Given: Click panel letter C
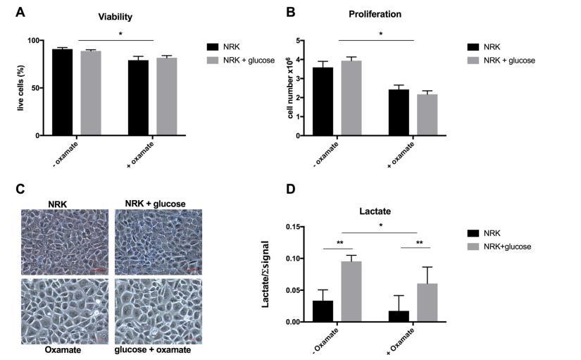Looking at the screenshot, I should pos(20,188).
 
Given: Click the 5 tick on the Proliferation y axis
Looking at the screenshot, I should pos(299,40).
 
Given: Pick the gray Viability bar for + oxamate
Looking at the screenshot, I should pos(167,96).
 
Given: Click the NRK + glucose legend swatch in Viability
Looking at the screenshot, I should pos(212,61).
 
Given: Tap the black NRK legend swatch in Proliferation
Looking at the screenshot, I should pos(473,47).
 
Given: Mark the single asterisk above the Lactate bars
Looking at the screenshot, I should pos(380,225).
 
